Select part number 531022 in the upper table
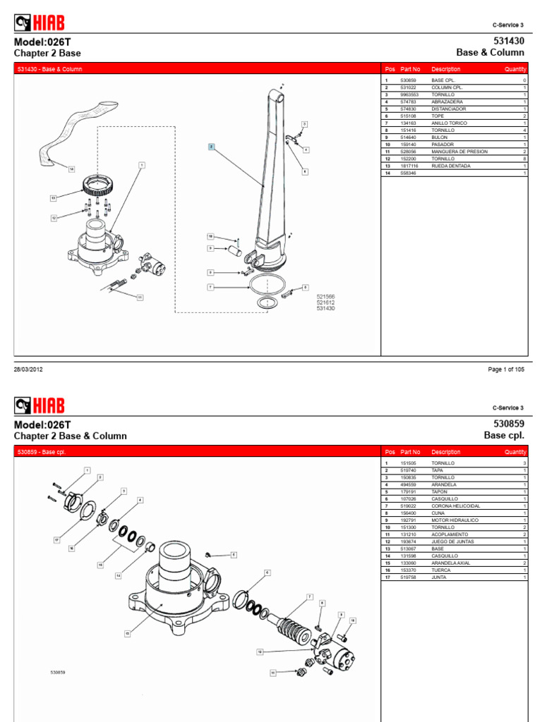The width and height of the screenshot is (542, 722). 409,87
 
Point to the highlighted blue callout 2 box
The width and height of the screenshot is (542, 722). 210,147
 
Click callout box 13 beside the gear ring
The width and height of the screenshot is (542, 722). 53,198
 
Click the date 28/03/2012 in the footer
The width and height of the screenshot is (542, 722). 29,369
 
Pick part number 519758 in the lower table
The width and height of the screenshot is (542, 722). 409,577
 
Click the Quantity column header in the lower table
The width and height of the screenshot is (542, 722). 515,452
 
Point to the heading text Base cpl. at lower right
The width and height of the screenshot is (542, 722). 504,436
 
